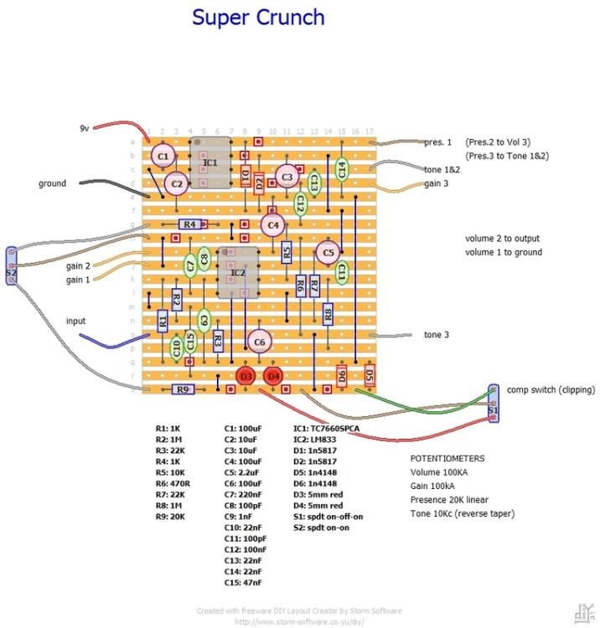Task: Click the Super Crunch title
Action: tap(258, 17)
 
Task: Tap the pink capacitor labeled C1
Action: tap(163, 156)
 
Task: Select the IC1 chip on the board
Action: tap(210, 162)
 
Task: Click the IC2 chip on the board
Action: tap(238, 272)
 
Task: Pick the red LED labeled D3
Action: tap(246, 377)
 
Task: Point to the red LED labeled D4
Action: tap(273, 377)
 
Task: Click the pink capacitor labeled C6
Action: tap(259, 342)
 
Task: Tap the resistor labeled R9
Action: tap(184, 389)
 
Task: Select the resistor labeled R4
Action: tap(190, 224)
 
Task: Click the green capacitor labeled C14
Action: tap(342, 168)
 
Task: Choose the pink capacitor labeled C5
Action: tap(328, 252)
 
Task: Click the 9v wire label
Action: tap(84, 128)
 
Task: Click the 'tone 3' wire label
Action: tap(437, 335)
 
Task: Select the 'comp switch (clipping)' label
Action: tap(551, 389)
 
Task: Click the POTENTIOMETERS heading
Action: tap(447, 459)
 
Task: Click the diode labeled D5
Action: tap(370, 376)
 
